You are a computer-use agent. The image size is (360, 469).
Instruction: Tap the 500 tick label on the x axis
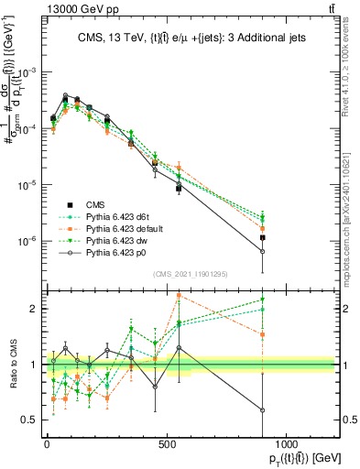[x=166, y=442]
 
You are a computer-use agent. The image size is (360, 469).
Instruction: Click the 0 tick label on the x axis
[x=46, y=442]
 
